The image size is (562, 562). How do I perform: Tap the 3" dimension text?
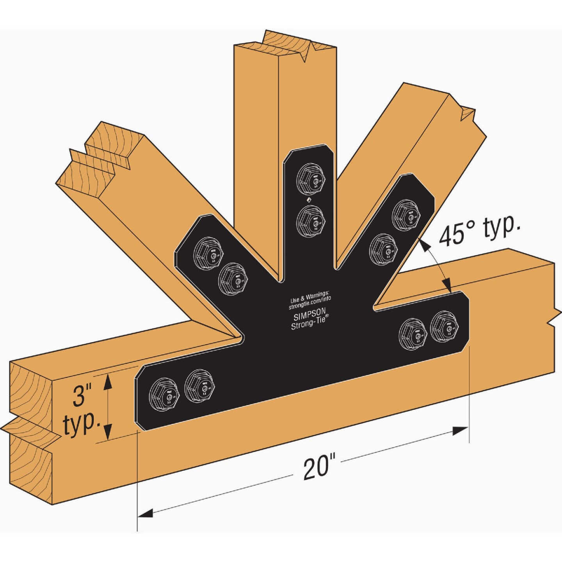(82, 395)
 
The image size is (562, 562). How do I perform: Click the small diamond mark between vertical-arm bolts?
(308, 200)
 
